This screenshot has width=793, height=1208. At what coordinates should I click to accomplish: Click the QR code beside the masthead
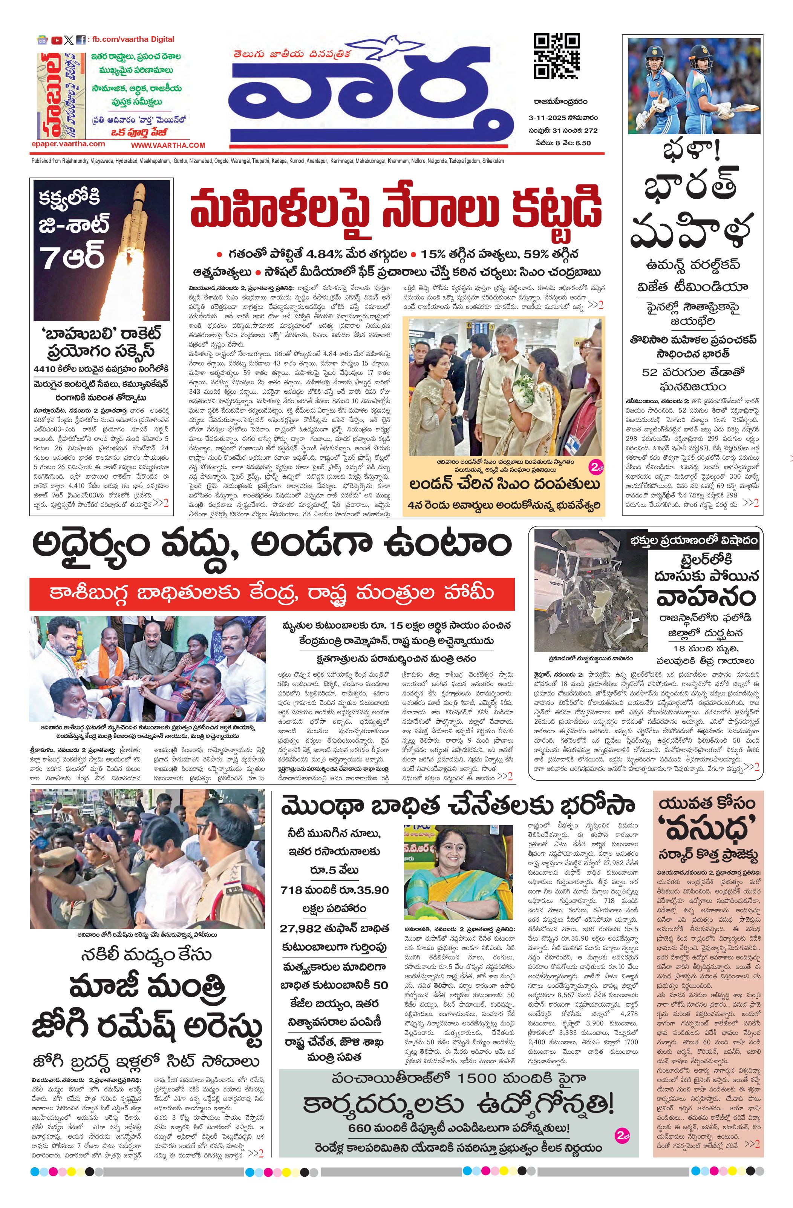[x=557, y=56]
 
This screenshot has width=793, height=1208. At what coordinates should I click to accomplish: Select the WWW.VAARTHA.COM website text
[x=168, y=145]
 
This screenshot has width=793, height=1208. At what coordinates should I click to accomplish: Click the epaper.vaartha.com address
[x=68, y=144]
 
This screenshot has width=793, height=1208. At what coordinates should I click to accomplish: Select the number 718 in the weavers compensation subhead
[x=295, y=890]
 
